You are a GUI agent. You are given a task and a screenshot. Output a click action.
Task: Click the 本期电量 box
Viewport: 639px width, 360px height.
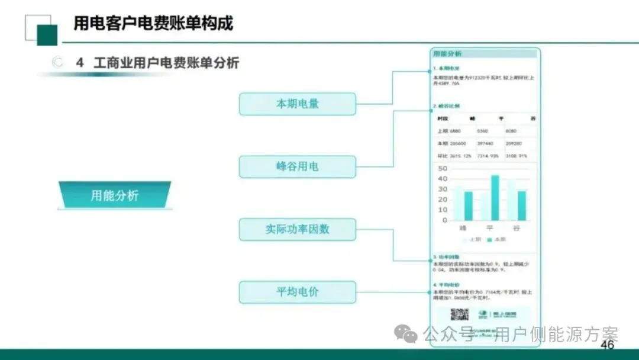[x=297, y=104]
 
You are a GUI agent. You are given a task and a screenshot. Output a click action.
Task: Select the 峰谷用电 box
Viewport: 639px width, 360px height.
[x=297, y=166]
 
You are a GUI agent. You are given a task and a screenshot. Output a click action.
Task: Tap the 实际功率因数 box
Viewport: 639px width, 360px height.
[x=297, y=229]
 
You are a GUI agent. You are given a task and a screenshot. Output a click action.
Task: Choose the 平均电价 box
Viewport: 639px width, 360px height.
[x=297, y=292]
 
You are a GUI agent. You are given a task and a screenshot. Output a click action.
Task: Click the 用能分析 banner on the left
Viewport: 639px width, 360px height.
[x=114, y=195]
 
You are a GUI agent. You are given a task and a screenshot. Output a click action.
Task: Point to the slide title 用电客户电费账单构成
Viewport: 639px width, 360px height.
[x=153, y=23]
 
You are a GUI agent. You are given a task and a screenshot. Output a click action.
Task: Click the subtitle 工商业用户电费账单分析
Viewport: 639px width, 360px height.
[x=166, y=63]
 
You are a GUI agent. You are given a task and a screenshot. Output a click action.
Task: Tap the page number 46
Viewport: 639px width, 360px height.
[x=607, y=345]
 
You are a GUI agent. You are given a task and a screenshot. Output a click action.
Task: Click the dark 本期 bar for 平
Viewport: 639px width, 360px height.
[x=495, y=197]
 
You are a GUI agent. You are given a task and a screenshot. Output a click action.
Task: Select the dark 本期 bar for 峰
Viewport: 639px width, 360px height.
[x=468, y=205]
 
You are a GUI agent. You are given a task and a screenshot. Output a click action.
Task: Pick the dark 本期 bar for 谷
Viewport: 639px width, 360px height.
[x=521, y=205]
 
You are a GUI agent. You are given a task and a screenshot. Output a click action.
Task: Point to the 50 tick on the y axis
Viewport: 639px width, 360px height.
[x=443, y=169]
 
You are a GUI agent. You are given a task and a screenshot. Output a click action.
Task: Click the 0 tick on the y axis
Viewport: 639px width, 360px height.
[x=445, y=220]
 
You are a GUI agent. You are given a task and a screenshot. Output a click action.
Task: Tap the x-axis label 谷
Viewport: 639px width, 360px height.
[x=517, y=229]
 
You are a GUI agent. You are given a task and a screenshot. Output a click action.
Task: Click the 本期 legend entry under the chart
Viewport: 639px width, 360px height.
[x=497, y=239]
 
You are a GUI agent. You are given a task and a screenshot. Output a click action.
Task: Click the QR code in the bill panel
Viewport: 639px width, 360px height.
[x=459, y=315]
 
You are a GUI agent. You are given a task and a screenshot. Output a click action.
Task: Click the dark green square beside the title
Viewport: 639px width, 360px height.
[x=47, y=35]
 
